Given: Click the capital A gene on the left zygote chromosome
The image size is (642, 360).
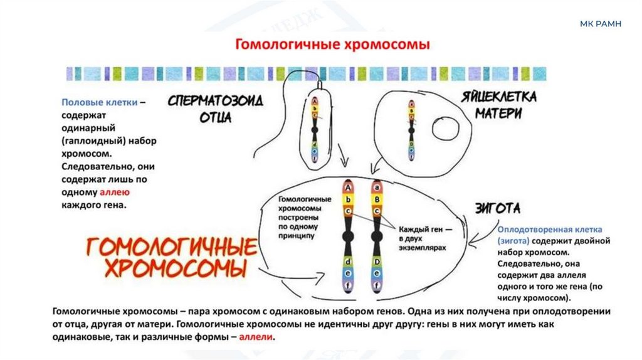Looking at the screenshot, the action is click(x=347, y=187).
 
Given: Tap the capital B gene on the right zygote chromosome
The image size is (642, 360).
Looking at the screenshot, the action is click(x=376, y=199).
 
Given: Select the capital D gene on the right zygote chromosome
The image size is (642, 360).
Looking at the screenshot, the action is click(x=376, y=261).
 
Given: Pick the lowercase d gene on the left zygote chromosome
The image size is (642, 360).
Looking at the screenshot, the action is click(x=347, y=261).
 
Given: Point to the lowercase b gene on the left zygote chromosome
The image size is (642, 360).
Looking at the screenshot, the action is click(x=347, y=199).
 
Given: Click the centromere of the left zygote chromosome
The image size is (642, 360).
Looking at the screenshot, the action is click(x=347, y=237).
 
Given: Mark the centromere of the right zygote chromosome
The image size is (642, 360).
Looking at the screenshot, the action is click(x=376, y=237).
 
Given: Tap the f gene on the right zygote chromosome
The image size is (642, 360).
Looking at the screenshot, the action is click(x=376, y=285).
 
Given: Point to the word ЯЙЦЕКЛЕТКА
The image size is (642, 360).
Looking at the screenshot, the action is click(x=500, y=98).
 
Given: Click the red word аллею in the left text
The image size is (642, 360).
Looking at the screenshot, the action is click(x=110, y=193).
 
